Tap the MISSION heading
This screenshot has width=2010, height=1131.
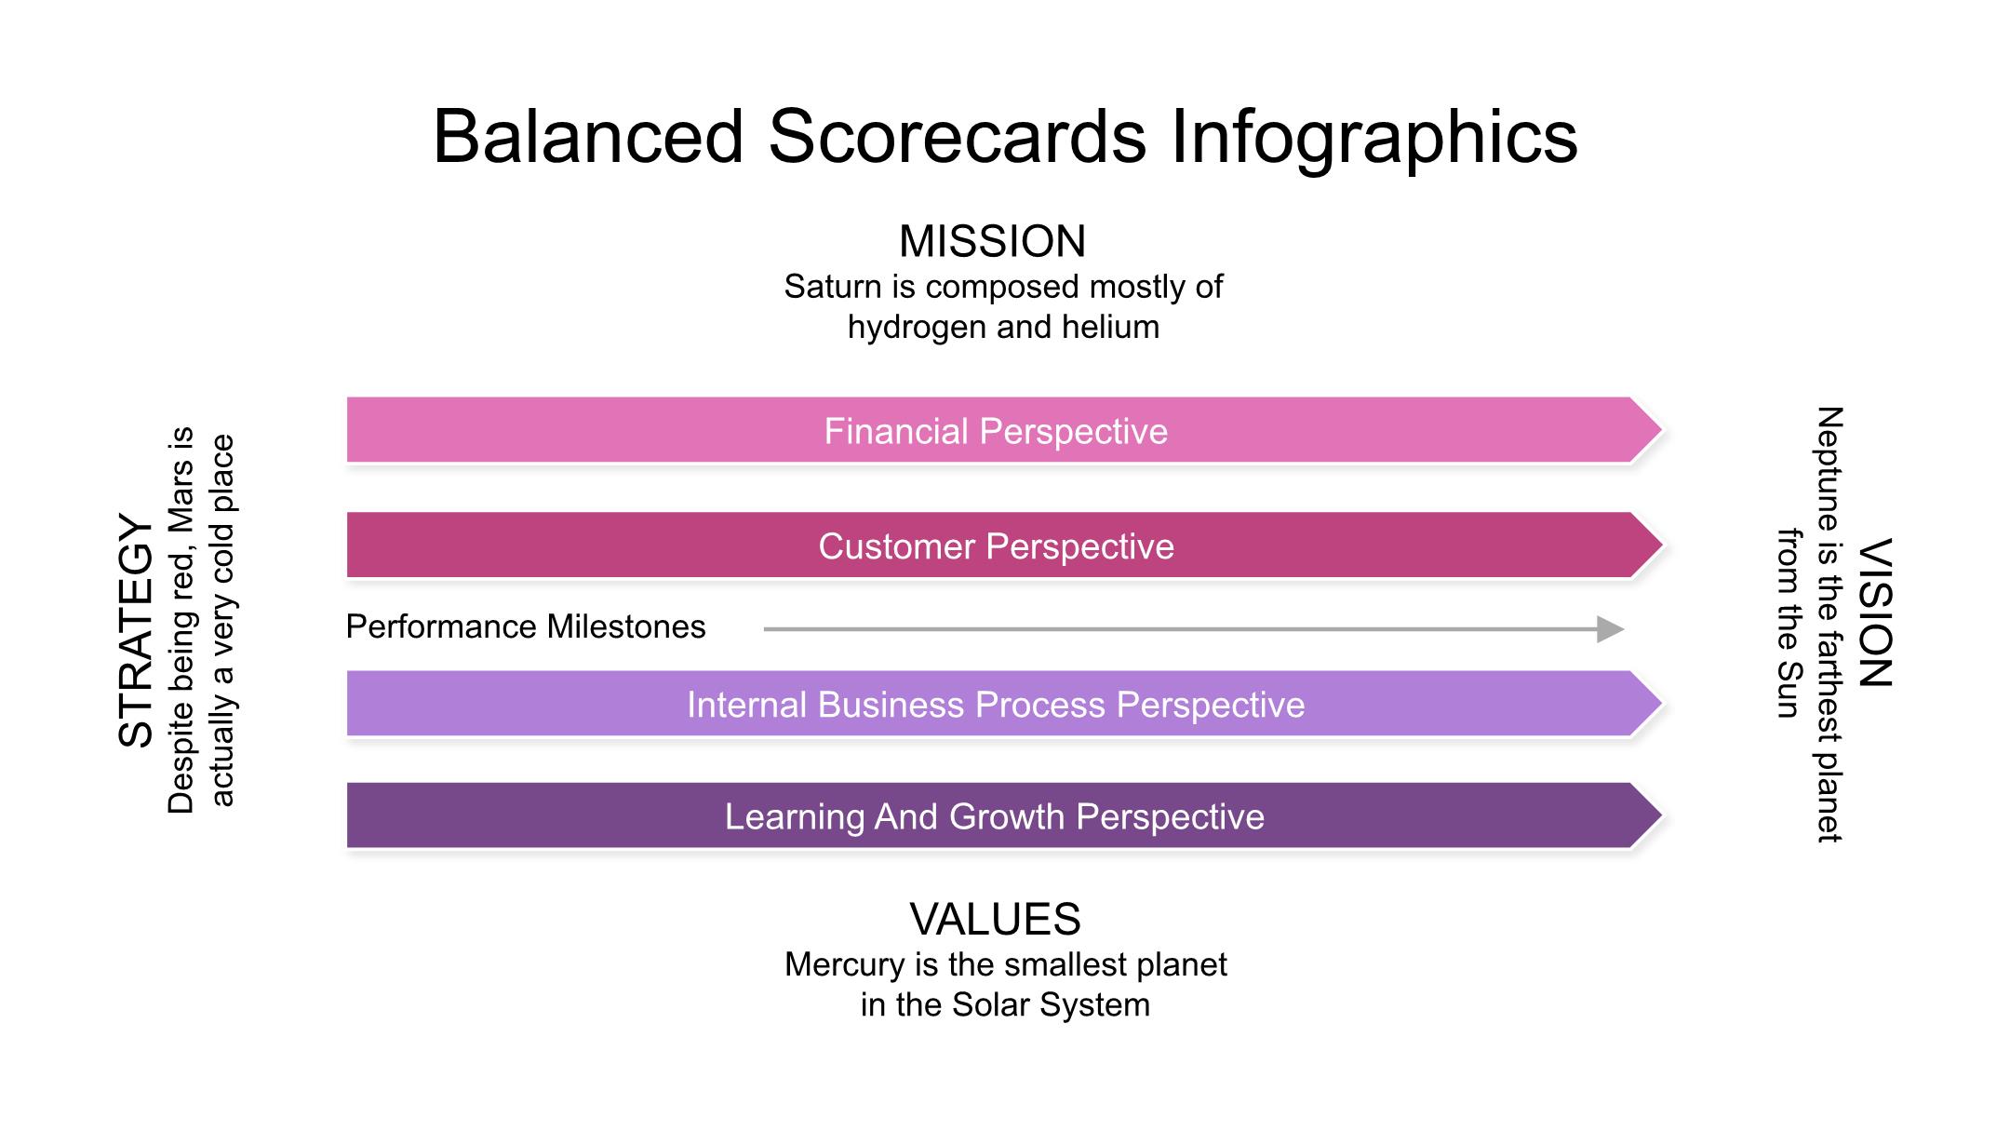click(992, 242)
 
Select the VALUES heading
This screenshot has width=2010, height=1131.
click(995, 920)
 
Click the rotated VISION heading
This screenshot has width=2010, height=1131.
click(1875, 613)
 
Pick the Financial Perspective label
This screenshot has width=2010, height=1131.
click(996, 432)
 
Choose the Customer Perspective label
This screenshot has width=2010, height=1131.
click(996, 546)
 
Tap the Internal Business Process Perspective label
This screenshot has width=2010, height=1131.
click(996, 705)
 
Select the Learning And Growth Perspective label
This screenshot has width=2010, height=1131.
click(995, 817)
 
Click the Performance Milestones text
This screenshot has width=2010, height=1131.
click(526, 626)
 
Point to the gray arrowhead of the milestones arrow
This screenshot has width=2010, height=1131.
click(1611, 629)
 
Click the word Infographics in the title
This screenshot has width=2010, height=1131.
click(1374, 137)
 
